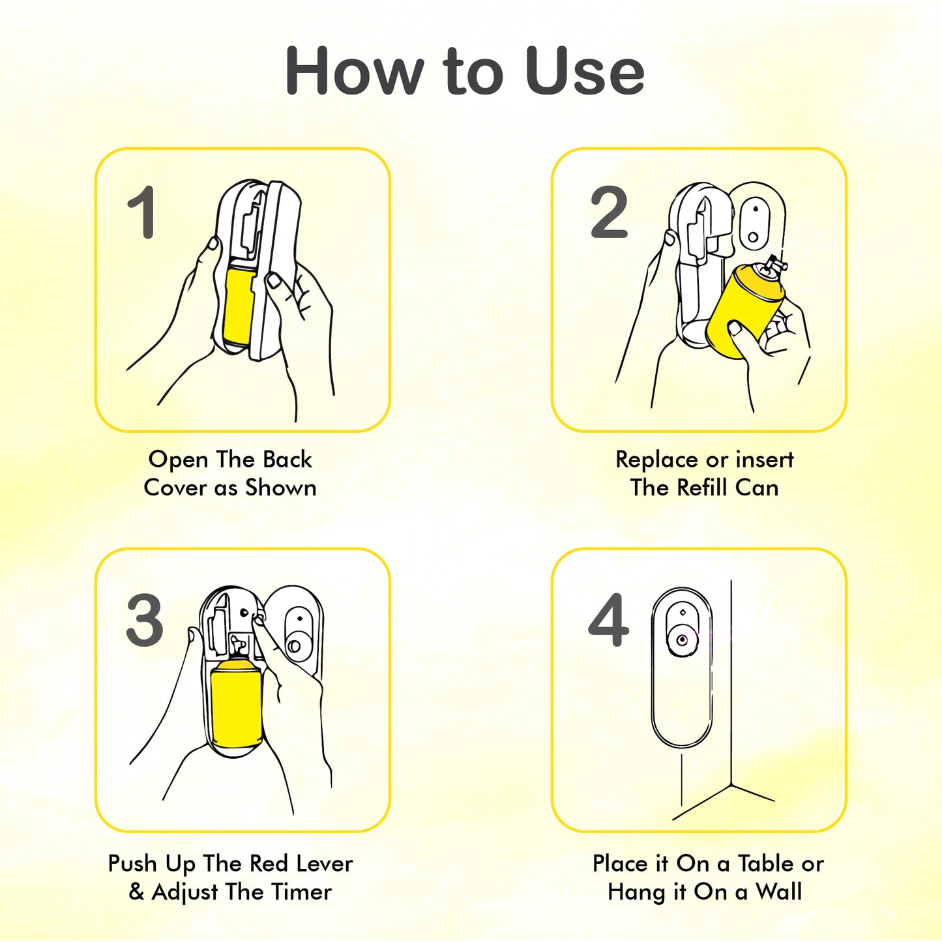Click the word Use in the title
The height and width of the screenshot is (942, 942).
585,71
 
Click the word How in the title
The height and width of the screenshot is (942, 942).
354,71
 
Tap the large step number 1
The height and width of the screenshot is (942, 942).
142,213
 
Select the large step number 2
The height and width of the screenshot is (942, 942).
609,213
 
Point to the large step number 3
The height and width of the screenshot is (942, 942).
145,620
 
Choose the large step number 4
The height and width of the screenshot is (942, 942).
609,620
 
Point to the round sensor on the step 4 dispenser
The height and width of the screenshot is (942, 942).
681,640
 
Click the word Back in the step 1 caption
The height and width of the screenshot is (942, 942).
287,460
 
